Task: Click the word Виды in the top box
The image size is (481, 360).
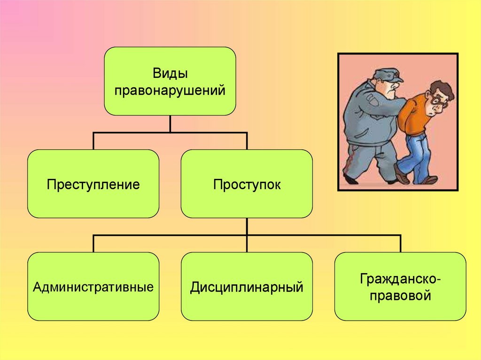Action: coord(170,73)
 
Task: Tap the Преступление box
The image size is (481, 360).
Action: coord(93,184)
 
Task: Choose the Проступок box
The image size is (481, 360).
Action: coord(247,184)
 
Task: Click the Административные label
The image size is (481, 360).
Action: coord(93,286)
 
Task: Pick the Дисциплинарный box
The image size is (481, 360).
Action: coord(247,286)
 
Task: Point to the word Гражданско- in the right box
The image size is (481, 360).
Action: coord(401,279)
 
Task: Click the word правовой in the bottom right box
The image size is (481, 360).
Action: coord(400,296)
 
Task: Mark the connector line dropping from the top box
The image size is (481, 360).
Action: coord(170,124)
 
